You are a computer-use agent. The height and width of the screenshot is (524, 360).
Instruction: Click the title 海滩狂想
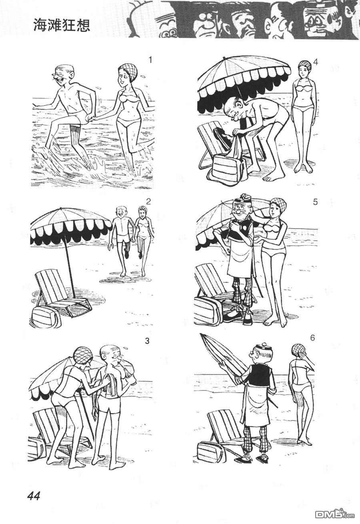(x=62, y=25)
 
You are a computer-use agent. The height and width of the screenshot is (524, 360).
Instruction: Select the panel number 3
(x=147, y=341)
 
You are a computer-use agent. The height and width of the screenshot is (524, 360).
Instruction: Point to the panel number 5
(x=315, y=202)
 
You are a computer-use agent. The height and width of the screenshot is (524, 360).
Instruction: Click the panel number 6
(x=313, y=338)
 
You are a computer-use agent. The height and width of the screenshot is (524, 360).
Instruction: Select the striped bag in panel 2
(x=46, y=316)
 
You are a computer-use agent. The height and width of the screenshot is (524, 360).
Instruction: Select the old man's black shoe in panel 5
(x=232, y=316)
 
